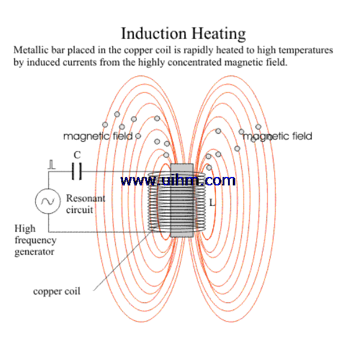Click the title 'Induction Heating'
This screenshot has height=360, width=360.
(x=183, y=32)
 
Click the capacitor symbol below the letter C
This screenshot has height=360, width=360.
(x=76, y=172)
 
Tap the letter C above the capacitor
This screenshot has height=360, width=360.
(x=77, y=155)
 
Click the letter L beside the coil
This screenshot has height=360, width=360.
(x=212, y=203)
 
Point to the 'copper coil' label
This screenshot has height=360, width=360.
(x=56, y=292)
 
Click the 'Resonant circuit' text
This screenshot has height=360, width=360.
(x=85, y=204)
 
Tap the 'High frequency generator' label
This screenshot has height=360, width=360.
(x=35, y=240)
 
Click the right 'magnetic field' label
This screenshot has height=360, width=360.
(x=277, y=136)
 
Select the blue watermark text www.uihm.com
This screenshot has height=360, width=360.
(x=178, y=180)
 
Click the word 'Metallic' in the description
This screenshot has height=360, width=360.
(x=31, y=50)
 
